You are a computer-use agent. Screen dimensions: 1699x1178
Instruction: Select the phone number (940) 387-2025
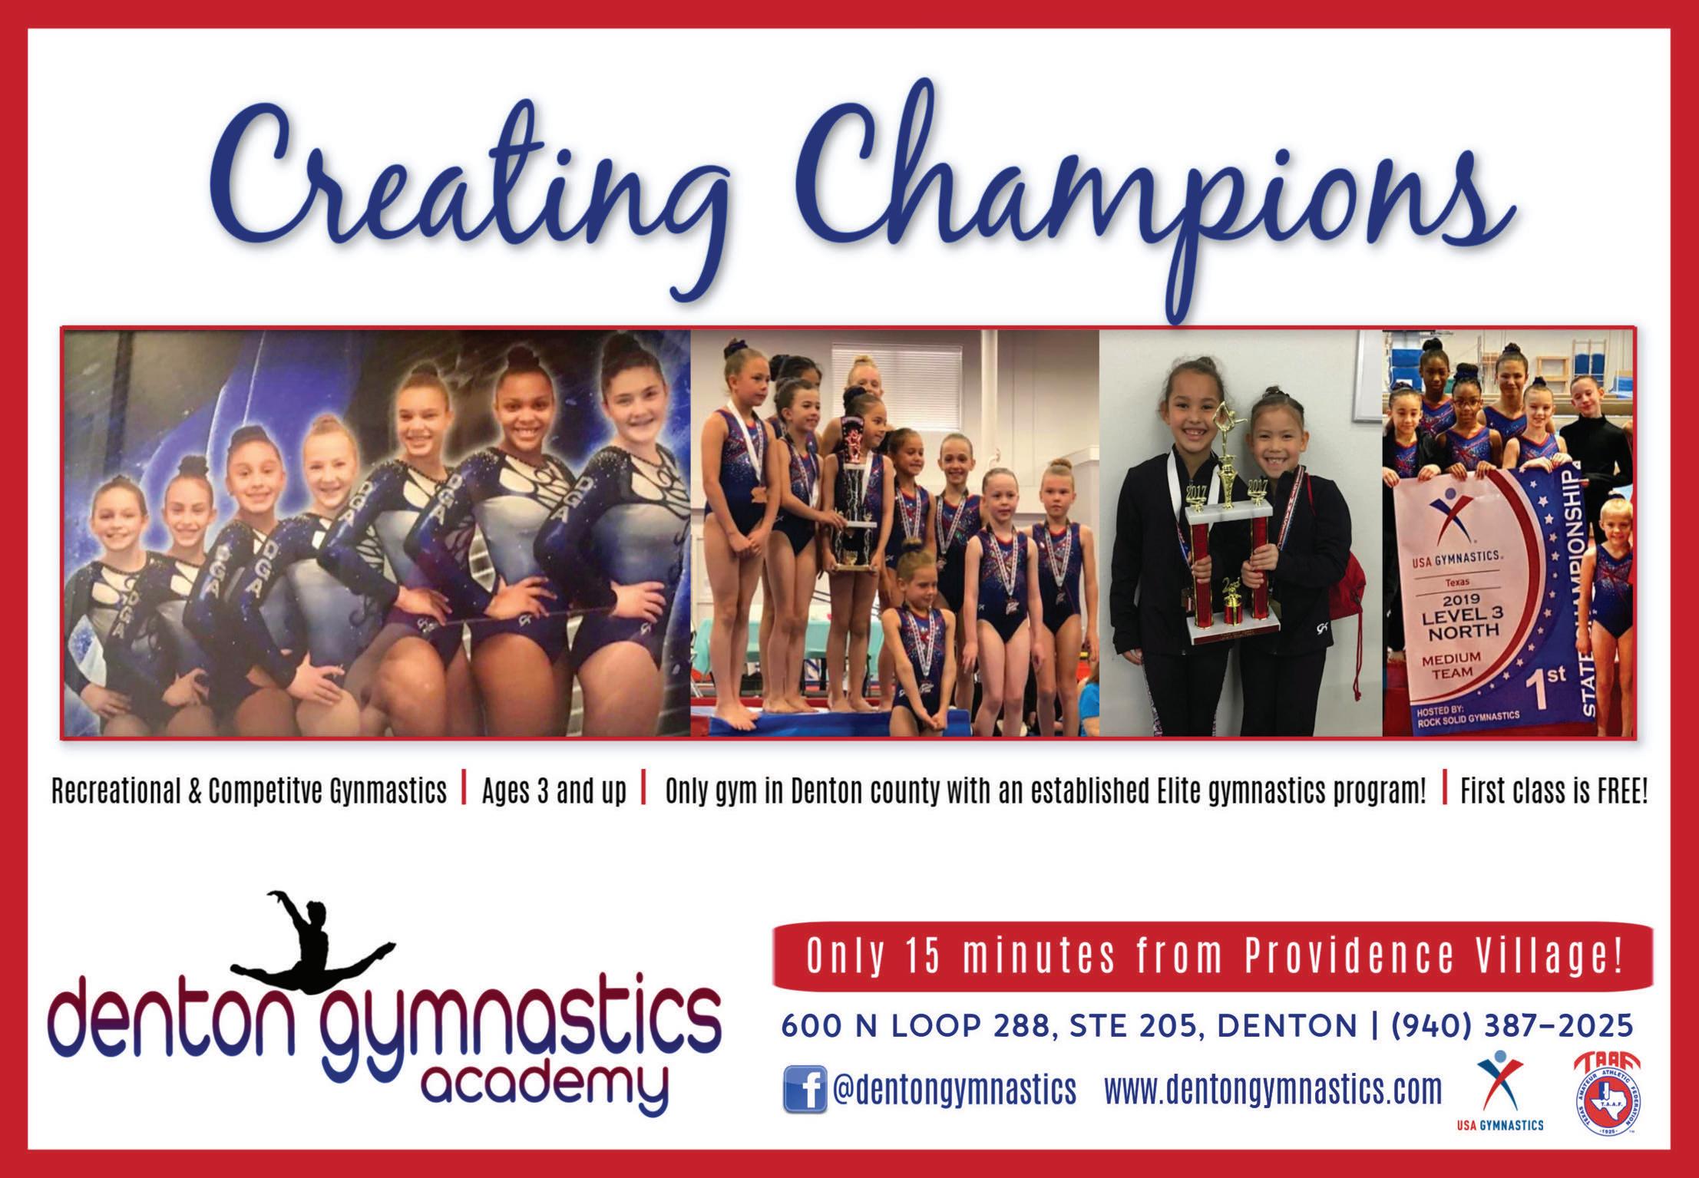pos(1512,1025)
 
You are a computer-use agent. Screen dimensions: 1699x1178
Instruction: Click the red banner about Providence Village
pos(1213,956)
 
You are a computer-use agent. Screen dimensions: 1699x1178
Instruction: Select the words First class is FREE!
pos(1554,791)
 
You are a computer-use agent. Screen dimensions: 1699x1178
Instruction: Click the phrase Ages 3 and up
pos(554,791)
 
